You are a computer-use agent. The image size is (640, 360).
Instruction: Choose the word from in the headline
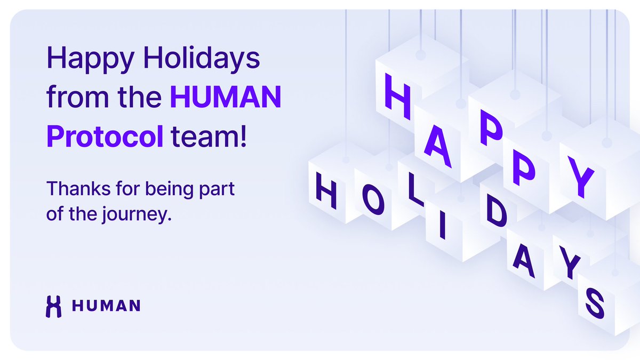[x=70, y=98]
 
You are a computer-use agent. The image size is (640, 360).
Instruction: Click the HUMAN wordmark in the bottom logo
[x=106, y=306]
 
